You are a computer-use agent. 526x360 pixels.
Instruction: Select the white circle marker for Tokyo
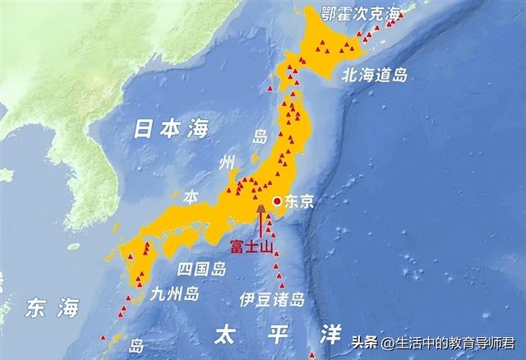coord(278,201)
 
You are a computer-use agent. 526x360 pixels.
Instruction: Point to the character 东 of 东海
coord(35,309)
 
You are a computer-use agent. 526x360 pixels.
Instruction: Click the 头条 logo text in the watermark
coord(364,342)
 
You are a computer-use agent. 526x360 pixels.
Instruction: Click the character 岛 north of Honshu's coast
coord(261,136)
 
